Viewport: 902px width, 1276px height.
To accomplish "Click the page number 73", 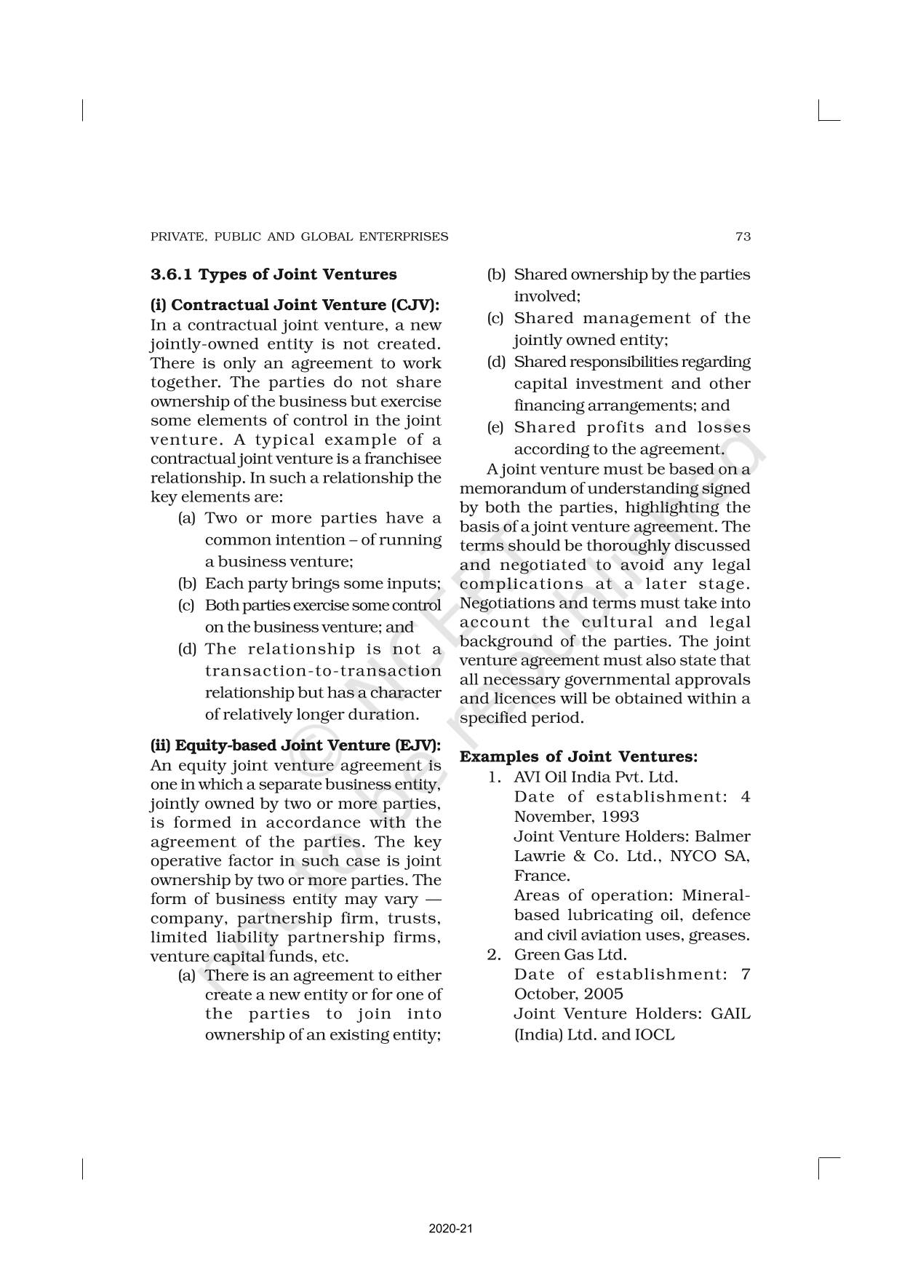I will (743, 237).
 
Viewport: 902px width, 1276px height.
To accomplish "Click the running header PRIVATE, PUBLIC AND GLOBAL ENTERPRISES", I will (299, 237).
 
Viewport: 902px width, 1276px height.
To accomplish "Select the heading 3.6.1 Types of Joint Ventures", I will (274, 274).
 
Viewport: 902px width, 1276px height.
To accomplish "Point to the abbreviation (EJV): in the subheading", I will (417, 745).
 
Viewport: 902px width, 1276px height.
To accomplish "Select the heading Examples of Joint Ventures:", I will (579, 756).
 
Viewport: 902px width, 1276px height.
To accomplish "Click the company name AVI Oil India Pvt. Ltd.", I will (595, 777).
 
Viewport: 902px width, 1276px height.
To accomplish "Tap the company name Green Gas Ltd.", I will (570, 954).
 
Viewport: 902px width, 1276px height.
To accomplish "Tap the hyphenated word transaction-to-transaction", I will (323, 670).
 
